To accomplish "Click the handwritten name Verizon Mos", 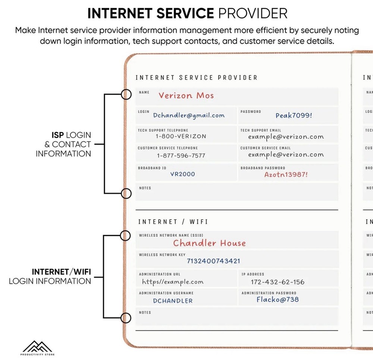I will (x=186, y=95).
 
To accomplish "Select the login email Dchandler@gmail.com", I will (x=189, y=116).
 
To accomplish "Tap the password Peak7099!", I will (x=294, y=116).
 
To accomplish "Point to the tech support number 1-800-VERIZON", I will (x=181, y=136).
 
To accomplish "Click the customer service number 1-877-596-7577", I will (x=181, y=155).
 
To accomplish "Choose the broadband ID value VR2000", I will (x=182, y=174).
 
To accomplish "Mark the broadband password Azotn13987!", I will (x=286, y=174).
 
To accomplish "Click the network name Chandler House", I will (x=209, y=243).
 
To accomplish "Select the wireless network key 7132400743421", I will (x=213, y=261).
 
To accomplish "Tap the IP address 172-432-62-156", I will (x=278, y=282).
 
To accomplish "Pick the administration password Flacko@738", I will (x=278, y=299).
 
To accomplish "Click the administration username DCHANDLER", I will (x=173, y=301).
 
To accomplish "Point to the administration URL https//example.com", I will (x=173, y=282).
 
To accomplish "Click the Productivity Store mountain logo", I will (x=37, y=347).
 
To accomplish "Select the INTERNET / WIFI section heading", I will (x=173, y=222).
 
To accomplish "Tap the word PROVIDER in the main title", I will (x=253, y=13).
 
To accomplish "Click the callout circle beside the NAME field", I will (x=127, y=94).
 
